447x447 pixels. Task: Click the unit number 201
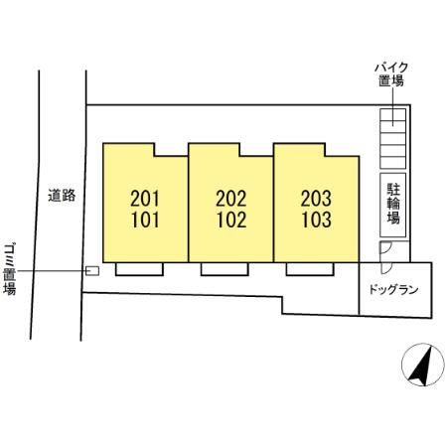click(145, 199)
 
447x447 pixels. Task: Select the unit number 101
click(145, 220)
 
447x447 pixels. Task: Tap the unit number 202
click(230, 199)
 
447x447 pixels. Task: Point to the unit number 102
click(230, 220)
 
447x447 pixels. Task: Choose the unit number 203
click(316, 199)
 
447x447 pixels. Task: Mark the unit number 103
click(316, 220)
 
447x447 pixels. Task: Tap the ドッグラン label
click(395, 290)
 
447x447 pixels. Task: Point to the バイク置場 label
click(390, 74)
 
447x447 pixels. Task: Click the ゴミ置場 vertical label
click(9, 265)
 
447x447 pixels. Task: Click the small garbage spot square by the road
click(92, 270)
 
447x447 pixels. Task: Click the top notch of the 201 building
click(170, 149)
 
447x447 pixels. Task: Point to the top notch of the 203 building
click(341, 149)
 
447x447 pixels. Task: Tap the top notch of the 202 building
click(255, 149)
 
